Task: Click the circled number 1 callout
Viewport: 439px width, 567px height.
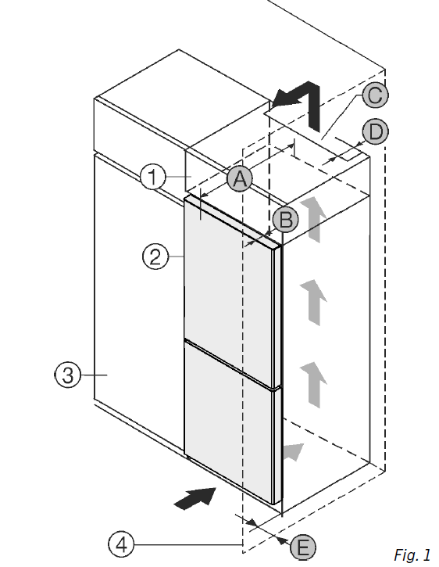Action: (153, 177)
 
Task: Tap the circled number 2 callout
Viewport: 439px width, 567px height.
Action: (155, 257)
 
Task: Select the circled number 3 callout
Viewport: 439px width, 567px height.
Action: (68, 375)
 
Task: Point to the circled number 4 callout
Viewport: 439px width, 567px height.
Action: (121, 544)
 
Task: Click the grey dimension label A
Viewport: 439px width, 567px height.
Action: (240, 178)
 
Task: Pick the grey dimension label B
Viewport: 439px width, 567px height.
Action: (285, 219)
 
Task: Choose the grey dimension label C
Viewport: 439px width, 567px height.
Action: (375, 95)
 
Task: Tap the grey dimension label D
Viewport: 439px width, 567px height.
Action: (376, 131)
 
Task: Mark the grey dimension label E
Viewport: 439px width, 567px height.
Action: (303, 547)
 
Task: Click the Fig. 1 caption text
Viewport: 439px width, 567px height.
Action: (412, 554)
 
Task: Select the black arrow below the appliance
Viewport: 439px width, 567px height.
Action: (195, 498)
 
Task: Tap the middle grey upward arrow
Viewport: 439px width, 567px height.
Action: (313, 303)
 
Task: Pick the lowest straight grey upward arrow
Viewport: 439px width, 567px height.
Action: (313, 385)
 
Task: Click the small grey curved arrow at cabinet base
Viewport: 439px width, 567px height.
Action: (294, 452)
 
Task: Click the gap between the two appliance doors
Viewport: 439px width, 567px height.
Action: (231, 364)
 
